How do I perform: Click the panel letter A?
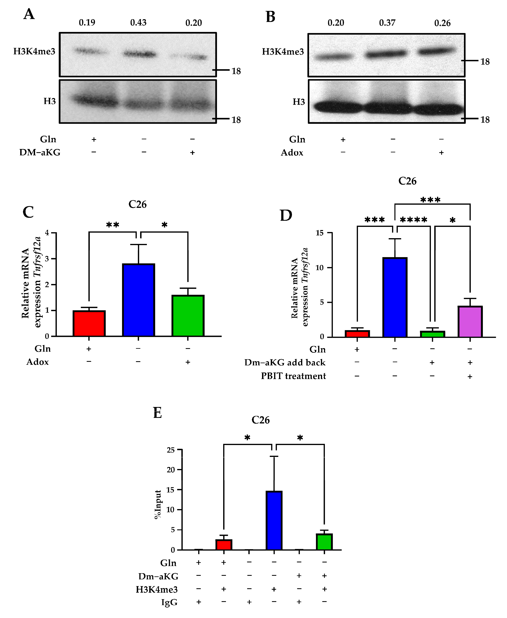tap(29, 14)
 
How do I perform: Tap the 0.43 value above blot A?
tap(138, 22)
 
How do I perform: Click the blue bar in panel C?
tap(138, 300)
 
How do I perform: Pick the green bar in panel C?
tap(188, 316)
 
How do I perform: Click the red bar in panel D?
tap(357, 334)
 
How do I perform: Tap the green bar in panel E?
tap(324, 542)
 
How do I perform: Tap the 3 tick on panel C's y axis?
tap(47, 259)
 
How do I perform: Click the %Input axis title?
tap(158, 504)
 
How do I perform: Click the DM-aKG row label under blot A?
tap(40, 152)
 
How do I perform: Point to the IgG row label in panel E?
tap(169, 602)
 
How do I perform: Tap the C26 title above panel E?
tap(260, 420)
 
